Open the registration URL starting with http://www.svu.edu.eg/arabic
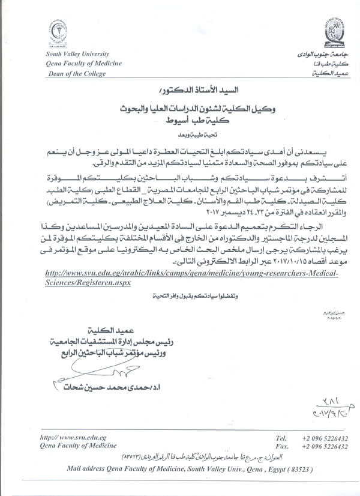pos(192,272)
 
